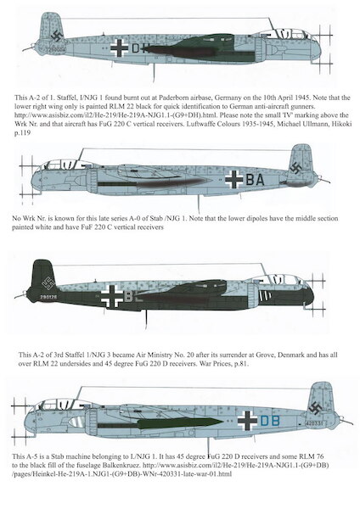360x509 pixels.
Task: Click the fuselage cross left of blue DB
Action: pyautogui.click(x=247, y=420)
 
